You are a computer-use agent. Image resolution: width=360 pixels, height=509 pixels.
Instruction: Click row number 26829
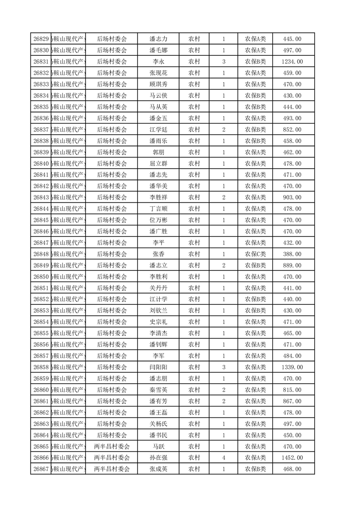click(41, 39)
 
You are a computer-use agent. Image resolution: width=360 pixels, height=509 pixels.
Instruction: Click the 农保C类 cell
click(256, 254)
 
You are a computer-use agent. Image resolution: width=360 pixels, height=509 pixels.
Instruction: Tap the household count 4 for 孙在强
click(224, 458)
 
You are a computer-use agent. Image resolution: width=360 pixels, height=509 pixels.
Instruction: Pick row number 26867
click(41, 469)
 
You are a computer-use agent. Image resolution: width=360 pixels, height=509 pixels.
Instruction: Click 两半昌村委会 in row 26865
click(112, 446)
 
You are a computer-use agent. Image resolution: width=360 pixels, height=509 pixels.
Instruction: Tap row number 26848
click(41, 254)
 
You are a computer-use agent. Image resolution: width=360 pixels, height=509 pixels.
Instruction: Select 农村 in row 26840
click(194, 164)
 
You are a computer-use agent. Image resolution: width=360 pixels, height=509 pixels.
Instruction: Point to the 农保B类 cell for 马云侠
click(256, 96)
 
